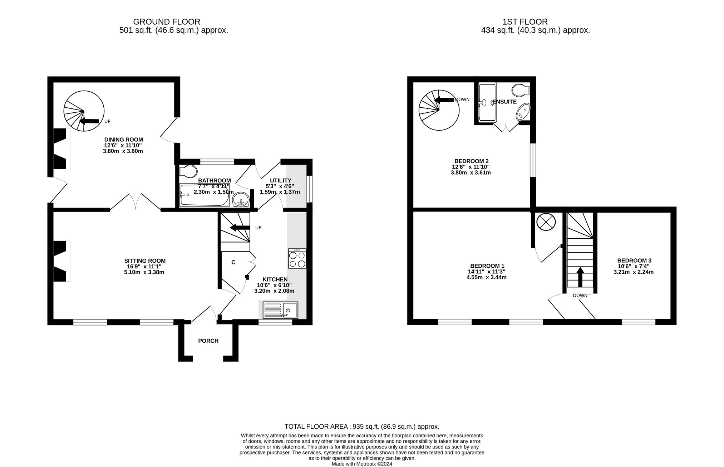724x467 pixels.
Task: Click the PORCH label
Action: click(208, 341)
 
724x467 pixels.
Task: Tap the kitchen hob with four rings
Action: click(297, 258)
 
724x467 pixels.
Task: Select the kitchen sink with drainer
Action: click(280, 310)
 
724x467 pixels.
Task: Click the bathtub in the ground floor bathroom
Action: click(205, 195)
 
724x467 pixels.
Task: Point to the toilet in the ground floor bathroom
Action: click(188, 171)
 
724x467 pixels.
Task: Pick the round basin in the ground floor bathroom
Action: click(241, 199)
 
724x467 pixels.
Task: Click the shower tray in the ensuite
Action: click(487, 102)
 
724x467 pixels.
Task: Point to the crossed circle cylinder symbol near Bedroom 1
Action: click(546, 222)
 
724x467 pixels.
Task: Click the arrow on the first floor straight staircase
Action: click(580, 277)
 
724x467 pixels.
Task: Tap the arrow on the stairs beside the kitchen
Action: click(240, 228)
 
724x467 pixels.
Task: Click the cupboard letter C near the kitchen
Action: click(233, 262)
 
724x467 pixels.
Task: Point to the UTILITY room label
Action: click(281, 180)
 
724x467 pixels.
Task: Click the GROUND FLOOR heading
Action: click(167, 22)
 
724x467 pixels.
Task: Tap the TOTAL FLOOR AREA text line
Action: click(362, 427)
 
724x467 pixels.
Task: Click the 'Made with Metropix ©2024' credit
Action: click(362, 464)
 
